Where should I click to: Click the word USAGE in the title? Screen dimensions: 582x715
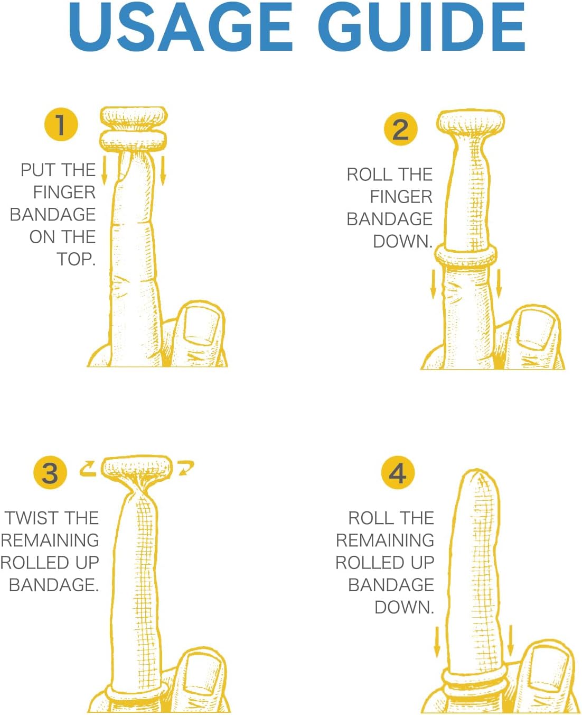coord(181,26)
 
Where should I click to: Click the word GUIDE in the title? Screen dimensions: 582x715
coord(421,26)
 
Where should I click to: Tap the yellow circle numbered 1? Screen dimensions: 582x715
coord(61,124)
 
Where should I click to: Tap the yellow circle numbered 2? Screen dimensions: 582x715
coord(401,129)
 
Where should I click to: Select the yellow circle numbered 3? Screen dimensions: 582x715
coord(50,472)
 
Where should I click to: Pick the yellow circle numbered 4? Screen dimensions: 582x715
coord(398,472)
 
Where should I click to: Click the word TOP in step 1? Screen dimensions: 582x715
coord(74,259)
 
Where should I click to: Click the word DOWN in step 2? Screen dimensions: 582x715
coord(401,241)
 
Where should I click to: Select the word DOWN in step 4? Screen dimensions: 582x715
coord(402,607)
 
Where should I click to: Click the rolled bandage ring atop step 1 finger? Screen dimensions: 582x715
coord(134,129)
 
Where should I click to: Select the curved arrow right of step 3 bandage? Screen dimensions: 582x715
coord(186,468)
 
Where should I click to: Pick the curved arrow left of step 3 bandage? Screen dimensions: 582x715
coord(88,469)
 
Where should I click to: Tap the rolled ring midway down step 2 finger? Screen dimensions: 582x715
coord(466,258)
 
